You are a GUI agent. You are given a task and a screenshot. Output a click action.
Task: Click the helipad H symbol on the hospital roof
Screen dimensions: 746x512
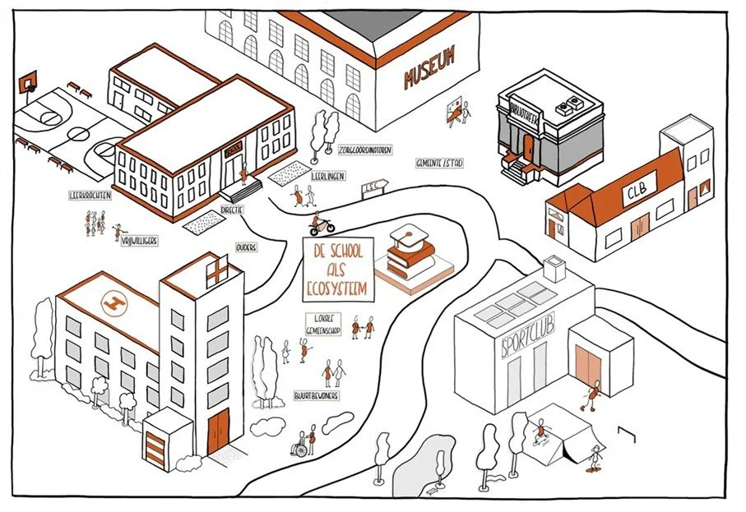click(x=108, y=303)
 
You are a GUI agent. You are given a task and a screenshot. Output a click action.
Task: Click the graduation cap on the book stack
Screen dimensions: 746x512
click(x=405, y=238)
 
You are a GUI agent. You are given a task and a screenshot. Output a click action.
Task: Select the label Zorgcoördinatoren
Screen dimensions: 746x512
click(x=364, y=150)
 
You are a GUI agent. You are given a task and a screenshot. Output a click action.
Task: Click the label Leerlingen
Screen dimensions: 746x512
click(x=328, y=176)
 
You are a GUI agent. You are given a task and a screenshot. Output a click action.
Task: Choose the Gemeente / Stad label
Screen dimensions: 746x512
click(x=439, y=164)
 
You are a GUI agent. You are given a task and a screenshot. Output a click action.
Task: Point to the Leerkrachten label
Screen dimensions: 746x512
click(x=90, y=196)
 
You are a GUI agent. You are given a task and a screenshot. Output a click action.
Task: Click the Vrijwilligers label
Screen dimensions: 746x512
click(x=139, y=240)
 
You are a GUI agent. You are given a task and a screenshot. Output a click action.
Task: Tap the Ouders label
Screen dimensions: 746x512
click(x=246, y=247)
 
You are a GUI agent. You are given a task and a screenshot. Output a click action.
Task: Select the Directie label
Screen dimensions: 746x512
click(x=239, y=210)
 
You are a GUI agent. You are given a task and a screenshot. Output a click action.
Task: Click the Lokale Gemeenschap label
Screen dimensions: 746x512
click(x=322, y=322)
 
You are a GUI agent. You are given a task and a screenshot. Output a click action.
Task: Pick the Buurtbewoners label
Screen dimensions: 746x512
click(x=317, y=395)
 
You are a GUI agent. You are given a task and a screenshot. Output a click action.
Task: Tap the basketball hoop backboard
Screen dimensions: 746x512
click(x=30, y=81)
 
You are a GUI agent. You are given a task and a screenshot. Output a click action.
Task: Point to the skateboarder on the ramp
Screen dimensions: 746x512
click(x=540, y=430)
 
